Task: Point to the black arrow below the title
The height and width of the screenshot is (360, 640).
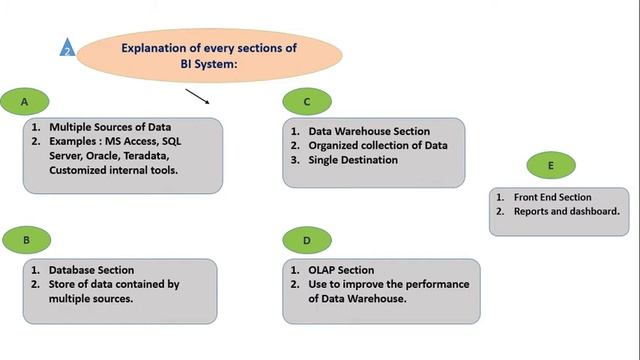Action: click(x=197, y=96)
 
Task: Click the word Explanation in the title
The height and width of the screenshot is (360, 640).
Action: click(x=157, y=47)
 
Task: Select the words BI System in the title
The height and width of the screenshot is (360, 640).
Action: click(x=209, y=64)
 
